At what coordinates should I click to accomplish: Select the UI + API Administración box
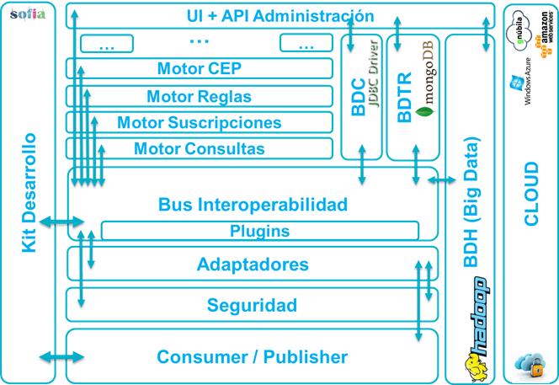[279, 15]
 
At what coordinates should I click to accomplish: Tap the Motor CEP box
[199, 68]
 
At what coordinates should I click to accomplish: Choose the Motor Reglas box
[199, 96]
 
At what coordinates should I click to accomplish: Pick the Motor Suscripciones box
[199, 123]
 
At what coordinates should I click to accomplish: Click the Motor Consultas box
[199, 149]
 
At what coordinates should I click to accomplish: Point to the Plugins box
[259, 231]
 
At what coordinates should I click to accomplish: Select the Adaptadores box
[253, 265]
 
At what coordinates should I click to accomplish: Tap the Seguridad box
[253, 305]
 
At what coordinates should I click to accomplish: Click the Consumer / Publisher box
[253, 357]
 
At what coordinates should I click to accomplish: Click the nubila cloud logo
[517, 30]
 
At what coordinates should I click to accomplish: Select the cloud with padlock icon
[530, 363]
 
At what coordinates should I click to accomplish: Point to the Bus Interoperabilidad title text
[253, 205]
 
